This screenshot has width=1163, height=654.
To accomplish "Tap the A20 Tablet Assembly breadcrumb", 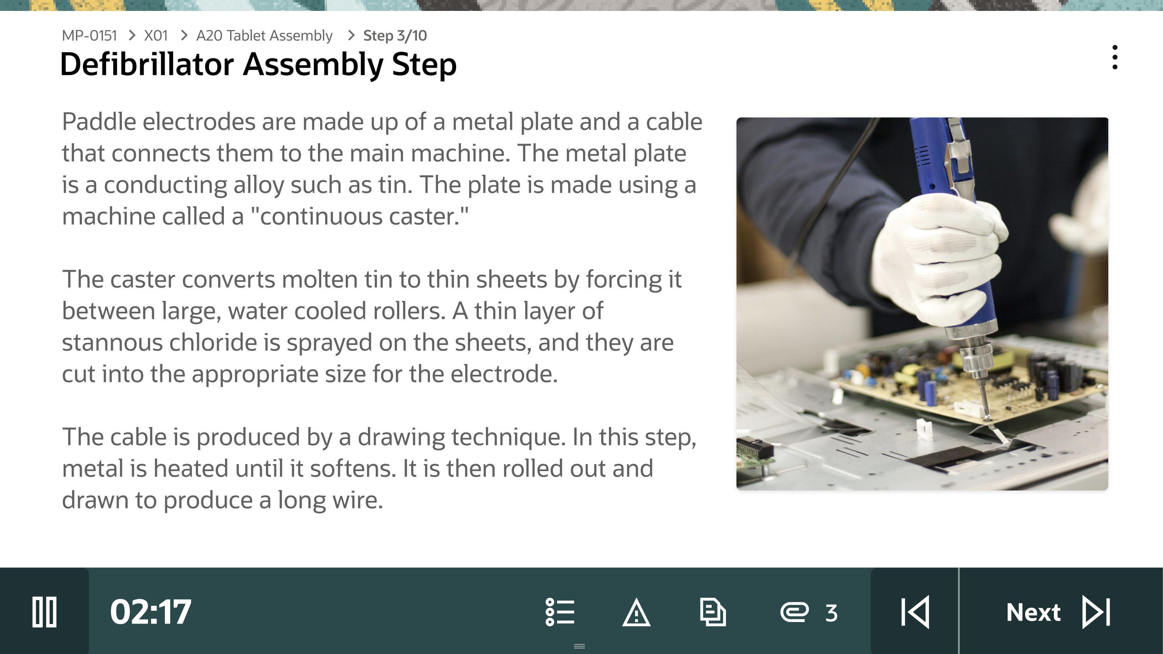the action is (264, 36).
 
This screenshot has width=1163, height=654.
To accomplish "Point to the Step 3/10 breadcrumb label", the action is (394, 36).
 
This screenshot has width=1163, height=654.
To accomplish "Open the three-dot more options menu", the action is (1115, 57).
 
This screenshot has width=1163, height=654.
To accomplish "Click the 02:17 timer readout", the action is (151, 612).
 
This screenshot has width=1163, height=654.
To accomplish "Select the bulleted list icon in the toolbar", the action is (560, 612).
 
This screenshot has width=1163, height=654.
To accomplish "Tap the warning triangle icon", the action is (636, 612).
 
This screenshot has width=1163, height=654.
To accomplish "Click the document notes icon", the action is (713, 612).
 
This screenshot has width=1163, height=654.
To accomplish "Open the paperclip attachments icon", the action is (795, 612).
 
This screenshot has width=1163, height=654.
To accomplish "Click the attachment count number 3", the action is (832, 613).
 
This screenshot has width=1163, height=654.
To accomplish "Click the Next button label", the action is (1033, 612).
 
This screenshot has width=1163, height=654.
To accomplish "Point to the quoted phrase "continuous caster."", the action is (359, 216).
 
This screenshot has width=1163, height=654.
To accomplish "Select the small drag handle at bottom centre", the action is (579, 646).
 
